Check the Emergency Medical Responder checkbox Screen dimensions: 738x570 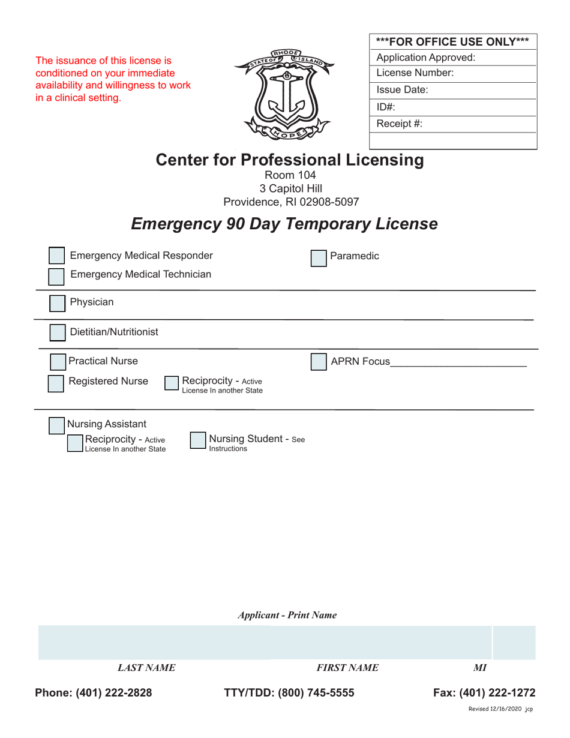[56, 256]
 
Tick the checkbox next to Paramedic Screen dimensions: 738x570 [319, 258]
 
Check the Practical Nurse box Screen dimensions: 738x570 [57, 362]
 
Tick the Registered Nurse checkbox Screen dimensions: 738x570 [56, 383]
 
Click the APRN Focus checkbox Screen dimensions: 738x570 [319, 362]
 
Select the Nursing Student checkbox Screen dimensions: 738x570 [198, 441]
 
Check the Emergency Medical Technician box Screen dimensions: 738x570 [56, 276]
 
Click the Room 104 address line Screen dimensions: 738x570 [290, 175]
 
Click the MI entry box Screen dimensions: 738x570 [514, 643]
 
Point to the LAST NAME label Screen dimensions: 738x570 [146, 668]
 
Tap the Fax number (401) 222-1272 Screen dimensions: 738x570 [484, 693]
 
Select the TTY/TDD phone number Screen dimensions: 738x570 [289, 693]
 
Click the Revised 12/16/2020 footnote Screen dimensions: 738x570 [500, 709]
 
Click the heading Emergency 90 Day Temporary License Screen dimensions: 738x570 [284, 224]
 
